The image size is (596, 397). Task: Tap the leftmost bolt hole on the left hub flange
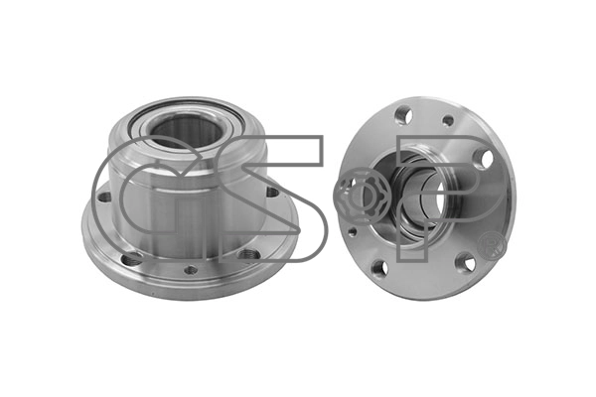[x=103, y=198]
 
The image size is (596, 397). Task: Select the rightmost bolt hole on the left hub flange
[x=272, y=193]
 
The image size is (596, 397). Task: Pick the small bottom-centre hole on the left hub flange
[x=191, y=270]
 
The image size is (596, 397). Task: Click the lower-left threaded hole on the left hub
[x=132, y=259]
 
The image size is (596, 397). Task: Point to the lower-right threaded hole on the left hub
[x=247, y=254]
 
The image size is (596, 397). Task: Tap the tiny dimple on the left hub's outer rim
[x=152, y=294]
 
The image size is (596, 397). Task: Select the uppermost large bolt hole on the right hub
[x=403, y=115]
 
